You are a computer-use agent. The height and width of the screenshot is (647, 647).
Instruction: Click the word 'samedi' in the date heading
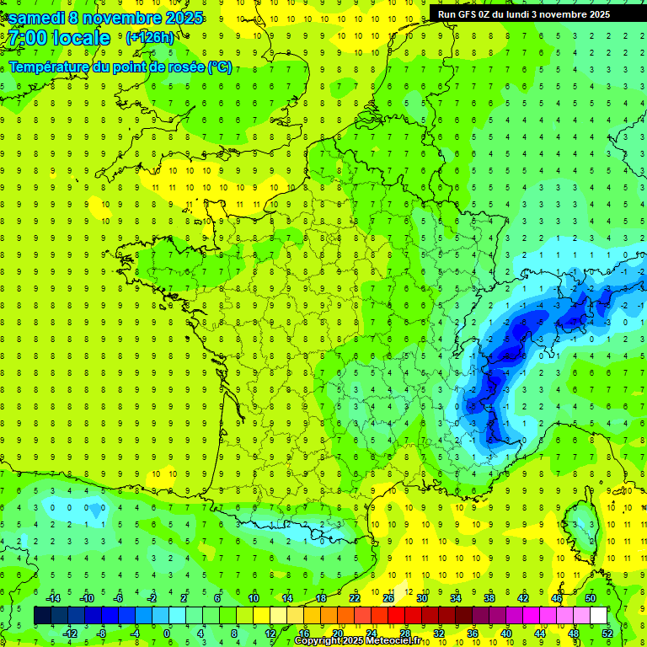pyautogui.click(x=36, y=18)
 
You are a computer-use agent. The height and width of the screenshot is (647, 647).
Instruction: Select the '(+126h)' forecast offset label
pyautogui.click(x=150, y=38)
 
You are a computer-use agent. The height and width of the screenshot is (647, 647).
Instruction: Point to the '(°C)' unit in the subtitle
pyautogui.click(x=219, y=67)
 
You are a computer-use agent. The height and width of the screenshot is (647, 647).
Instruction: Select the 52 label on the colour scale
pyautogui.click(x=607, y=633)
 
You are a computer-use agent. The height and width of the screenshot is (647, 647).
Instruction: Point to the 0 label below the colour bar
pyautogui.click(x=167, y=633)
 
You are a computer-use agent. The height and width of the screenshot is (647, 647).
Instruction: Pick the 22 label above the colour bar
pyautogui.click(x=355, y=598)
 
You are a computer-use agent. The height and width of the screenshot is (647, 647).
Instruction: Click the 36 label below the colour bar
pyautogui.click(x=472, y=633)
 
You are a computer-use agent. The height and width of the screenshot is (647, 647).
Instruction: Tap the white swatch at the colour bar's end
pyautogui.click(x=599, y=615)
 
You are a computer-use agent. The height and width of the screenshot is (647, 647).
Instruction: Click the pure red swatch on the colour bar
pyautogui.click(x=397, y=615)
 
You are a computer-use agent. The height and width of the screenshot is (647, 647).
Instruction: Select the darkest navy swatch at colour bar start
pyautogui.click(x=43, y=615)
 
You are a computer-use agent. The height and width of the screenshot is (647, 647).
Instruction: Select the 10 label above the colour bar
pyautogui.click(x=254, y=598)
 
